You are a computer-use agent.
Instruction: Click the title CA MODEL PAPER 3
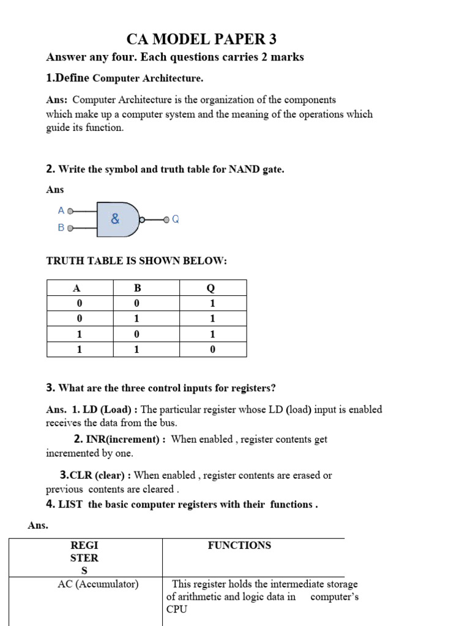click(x=201, y=40)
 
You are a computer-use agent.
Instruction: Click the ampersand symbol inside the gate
click(x=115, y=219)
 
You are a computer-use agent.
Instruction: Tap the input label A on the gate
click(x=61, y=210)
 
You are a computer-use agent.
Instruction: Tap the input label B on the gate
click(x=61, y=227)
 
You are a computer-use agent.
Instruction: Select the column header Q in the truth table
click(x=212, y=289)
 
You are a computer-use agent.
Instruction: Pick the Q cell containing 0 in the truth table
click(x=212, y=350)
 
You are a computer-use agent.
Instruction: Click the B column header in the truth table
click(x=137, y=289)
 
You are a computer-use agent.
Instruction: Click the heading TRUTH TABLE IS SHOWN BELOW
click(x=136, y=261)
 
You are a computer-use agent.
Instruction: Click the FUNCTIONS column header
click(x=239, y=545)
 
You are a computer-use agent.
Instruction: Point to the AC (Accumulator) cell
click(x=98, y=584)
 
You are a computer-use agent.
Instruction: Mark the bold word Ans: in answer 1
click(x=58, y=100)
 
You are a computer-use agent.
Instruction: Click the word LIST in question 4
click(x=72, y=504)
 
